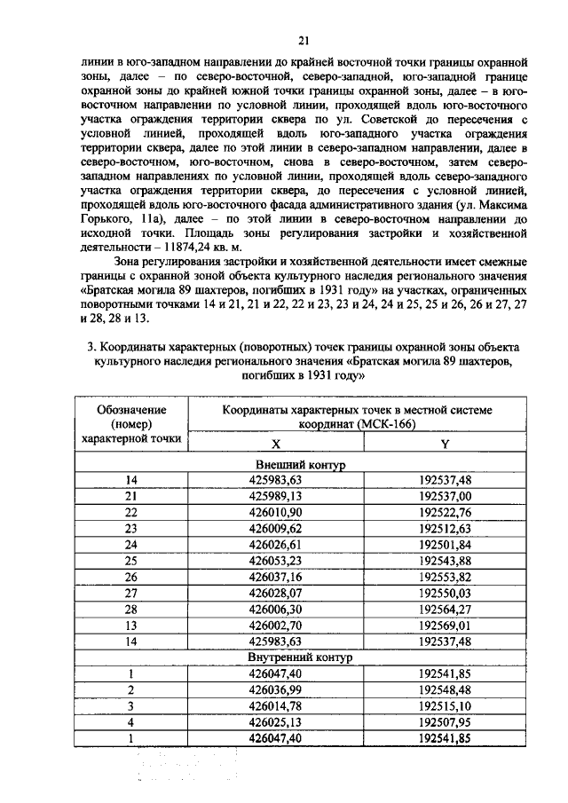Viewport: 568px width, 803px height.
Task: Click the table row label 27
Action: click(x=131, y=593)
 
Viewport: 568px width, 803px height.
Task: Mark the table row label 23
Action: click(x=131, y=529)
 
